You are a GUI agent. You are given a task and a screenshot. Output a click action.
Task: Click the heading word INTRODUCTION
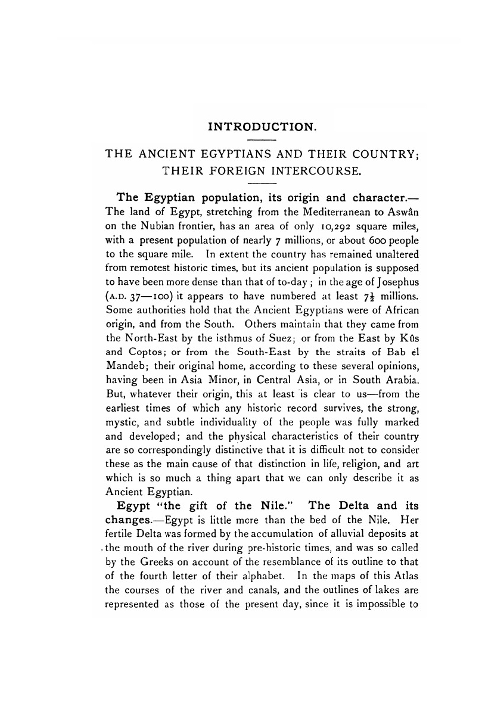tap(261, 127)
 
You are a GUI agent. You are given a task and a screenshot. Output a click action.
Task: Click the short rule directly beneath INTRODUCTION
tap(261, 139)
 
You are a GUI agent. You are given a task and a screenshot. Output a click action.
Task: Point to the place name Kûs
tap(409, 339)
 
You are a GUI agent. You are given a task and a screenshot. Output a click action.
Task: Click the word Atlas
tap(406, 577)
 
